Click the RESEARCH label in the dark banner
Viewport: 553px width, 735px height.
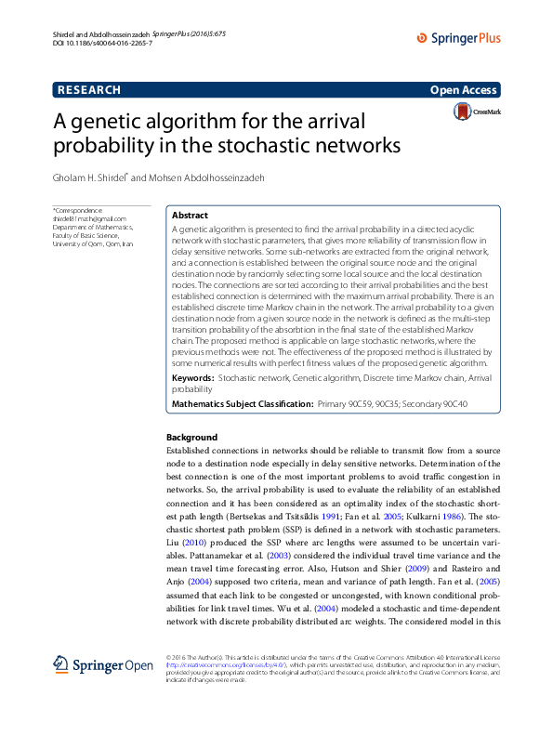click(x=88, y=90)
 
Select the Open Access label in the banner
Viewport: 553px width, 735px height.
click(x=464, y=90)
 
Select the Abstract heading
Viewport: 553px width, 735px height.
click(x=190, y=215)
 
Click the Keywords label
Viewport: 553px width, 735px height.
click(x=193, y=379)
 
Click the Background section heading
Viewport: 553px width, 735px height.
click(x=191, y=437)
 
